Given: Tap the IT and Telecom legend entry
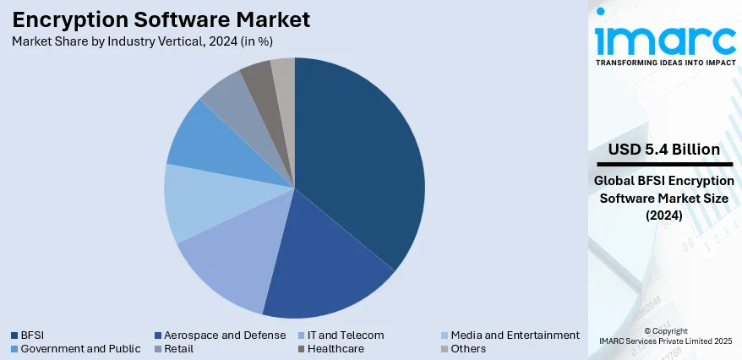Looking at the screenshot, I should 346,335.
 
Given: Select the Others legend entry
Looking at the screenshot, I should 468,348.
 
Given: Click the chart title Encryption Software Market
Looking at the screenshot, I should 161,19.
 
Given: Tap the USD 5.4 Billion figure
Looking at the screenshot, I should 664,150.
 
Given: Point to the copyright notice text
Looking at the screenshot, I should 665,335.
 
